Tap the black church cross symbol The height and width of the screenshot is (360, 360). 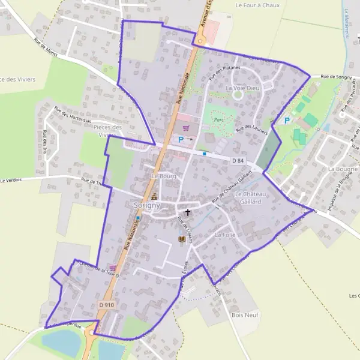click(x=188, y=212)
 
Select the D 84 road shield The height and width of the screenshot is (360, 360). click(x=238, y=161)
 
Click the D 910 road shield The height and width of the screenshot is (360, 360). click(x=106, y=305)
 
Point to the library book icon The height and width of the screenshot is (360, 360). click(x=181, y=239)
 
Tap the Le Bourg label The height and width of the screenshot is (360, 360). click(x=163, y=176)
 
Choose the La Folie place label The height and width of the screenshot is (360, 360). click(x=225, y=234)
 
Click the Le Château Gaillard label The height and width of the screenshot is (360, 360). click(x=248, y=198)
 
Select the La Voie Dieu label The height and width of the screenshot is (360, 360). click(x=241, y=88)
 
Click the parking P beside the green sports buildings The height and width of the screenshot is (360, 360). click(x=287, y=121)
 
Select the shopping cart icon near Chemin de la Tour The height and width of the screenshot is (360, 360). click(x=112, y=268)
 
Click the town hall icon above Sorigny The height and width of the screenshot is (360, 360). click(x=154, y=196)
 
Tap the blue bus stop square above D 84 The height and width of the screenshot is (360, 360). click(x=205, y=154)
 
